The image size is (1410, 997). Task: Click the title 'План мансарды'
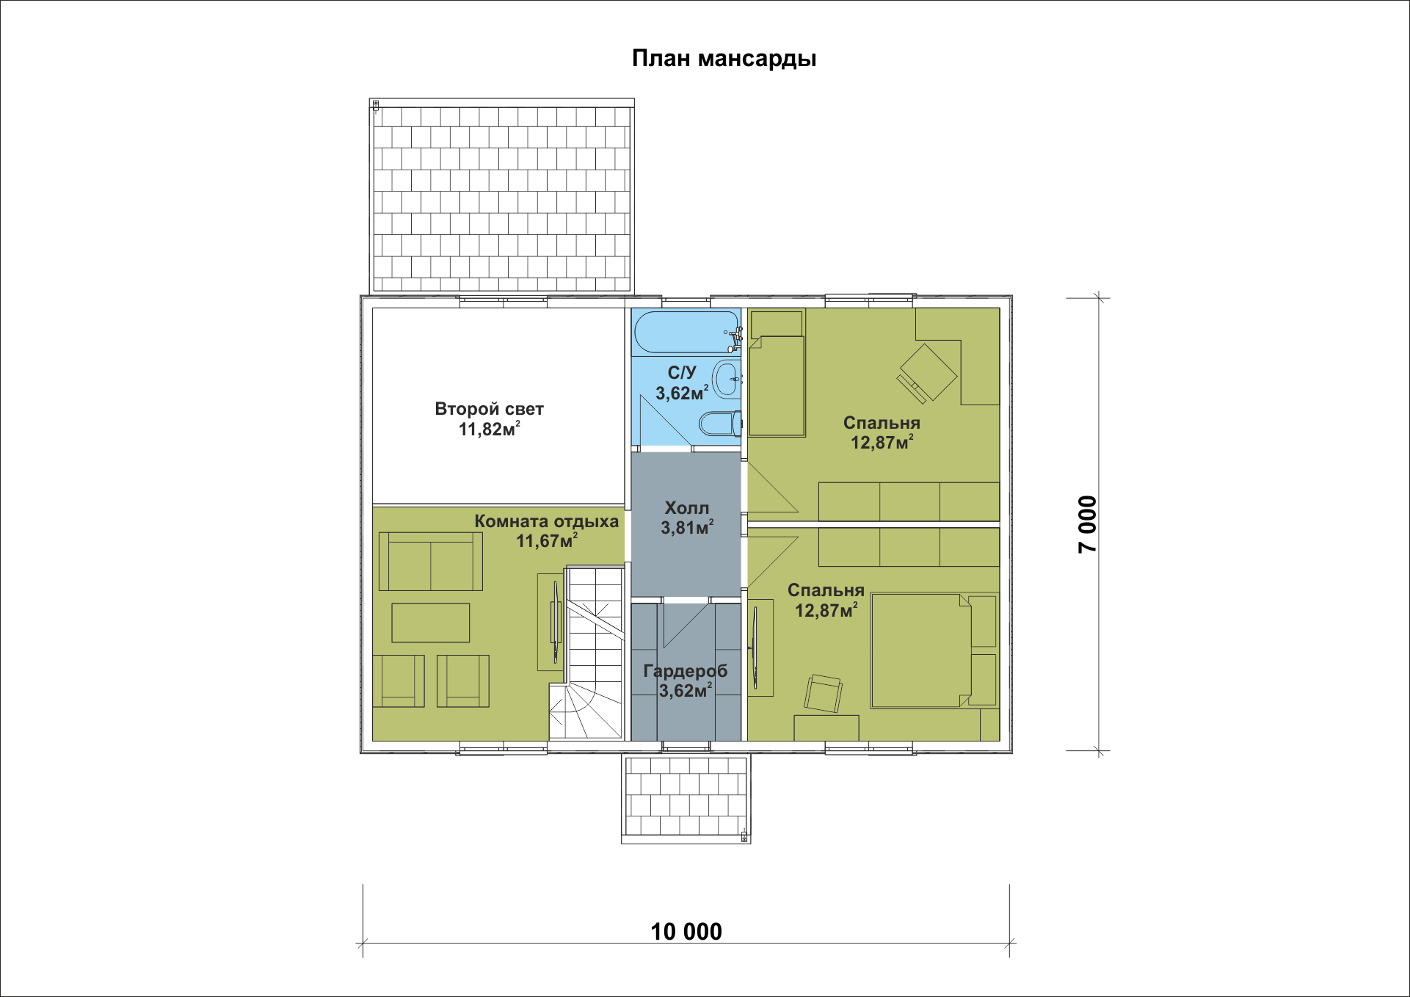[724, 59]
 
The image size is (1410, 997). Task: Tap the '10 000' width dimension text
[686, 931]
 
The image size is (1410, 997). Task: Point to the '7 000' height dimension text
[1087, 524]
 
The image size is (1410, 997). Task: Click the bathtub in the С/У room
[687, 333]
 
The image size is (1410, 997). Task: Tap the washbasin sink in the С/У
[727, 380]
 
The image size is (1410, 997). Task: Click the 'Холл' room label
[686, 507]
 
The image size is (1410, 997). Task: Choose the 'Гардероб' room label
[686, 671]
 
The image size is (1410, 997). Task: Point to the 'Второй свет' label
[489, 409]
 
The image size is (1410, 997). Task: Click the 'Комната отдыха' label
[546, 521]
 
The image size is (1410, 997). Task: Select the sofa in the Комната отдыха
[430, 562]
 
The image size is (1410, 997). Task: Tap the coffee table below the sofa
[430, 623]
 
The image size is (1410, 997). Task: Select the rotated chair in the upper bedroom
[927, 373]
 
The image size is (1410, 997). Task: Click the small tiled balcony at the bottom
[686, 799]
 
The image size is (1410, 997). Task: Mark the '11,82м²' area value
[490, 429]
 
